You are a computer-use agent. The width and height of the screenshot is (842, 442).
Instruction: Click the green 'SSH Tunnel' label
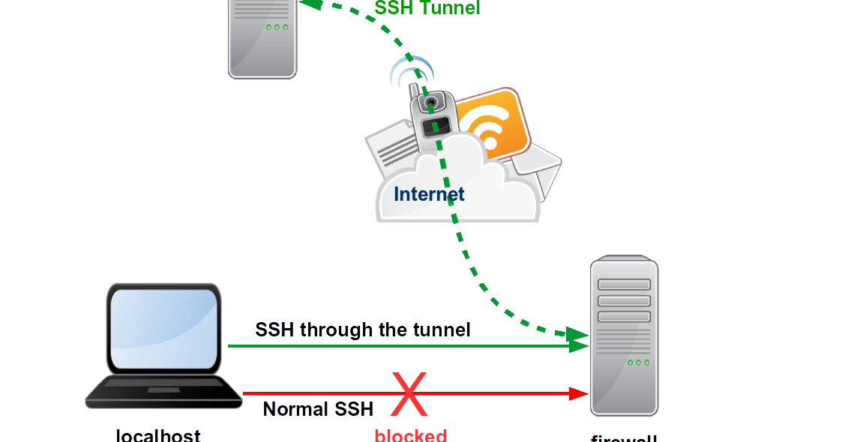tap(427, 8)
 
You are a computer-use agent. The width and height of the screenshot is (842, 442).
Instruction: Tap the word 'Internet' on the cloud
tap(429, 194)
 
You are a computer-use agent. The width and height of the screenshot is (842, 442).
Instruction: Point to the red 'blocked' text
tap(410, 435)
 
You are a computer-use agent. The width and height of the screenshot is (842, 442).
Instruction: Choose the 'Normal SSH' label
tap(318, 409)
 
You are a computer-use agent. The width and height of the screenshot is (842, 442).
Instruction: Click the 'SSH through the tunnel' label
tap(363, 330)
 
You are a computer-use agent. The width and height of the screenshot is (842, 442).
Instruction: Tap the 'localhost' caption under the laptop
tap(158, 435)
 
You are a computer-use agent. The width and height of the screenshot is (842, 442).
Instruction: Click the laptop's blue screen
tap(163, 327)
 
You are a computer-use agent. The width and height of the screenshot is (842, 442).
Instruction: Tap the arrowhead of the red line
tap(579, 393)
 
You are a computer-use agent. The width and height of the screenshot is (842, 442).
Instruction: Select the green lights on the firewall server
tap(638, 363)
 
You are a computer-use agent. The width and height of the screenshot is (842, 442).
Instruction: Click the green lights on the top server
tap(277, 27)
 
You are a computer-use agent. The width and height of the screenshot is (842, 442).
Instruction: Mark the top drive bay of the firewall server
tap(624, 285)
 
